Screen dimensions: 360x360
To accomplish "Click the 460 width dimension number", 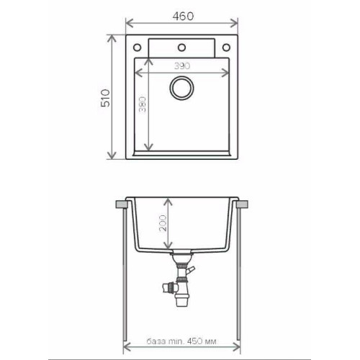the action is [x=183, y=16].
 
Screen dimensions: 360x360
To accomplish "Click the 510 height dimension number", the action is [x=105, y=98].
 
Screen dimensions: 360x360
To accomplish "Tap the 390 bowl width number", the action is [x=182, y=66].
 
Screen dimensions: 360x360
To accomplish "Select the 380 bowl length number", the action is [x=143, y=105].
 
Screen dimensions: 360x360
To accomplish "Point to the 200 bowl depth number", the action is [x=163, y=223].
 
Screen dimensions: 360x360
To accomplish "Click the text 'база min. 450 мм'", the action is [x=181, y=341].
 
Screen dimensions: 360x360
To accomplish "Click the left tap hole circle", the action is [x=137, y=48].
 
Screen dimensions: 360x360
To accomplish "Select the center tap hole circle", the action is [x=181, y=48].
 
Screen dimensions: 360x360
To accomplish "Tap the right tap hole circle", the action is [x=226, y=48].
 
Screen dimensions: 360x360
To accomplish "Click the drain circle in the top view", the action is [x=181, y=88].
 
